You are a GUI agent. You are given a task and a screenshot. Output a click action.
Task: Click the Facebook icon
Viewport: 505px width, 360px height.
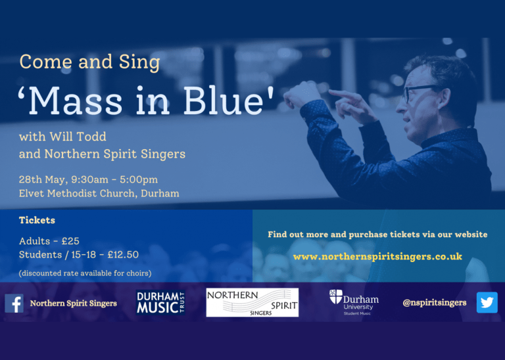[14, 304]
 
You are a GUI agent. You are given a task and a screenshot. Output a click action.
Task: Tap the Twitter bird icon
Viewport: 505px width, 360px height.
[487, 302]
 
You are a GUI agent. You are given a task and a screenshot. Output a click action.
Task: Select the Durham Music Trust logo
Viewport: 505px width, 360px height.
[160, 302]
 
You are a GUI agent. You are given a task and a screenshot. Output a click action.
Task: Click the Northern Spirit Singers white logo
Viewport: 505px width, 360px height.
[252, 302]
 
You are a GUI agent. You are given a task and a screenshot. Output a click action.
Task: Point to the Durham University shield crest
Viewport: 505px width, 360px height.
[335, 297]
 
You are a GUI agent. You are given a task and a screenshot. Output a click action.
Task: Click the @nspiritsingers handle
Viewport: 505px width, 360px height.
[435, 303]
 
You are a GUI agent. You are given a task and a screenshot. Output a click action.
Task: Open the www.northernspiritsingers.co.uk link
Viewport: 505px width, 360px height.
[377, 257]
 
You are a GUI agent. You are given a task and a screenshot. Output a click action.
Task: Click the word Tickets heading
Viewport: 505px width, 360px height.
[37, 220]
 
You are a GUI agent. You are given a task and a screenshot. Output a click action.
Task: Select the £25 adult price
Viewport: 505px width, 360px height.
[70, 241]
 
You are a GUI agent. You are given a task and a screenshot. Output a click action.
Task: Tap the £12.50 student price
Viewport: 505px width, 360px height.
[123, 255]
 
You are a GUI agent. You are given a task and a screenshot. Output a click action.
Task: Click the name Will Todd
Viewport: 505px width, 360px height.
[78, 137]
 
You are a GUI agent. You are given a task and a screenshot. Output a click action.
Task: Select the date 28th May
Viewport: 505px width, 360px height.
[43, 179]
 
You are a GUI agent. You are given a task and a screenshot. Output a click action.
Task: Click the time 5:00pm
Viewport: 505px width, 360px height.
[139, 179]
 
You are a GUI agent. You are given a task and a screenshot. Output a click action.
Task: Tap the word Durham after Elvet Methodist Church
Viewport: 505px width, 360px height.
[160, 193]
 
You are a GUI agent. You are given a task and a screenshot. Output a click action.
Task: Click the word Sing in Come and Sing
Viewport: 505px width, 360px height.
[139, 62]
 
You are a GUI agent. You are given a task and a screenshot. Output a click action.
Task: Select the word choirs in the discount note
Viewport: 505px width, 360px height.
[137, 273]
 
